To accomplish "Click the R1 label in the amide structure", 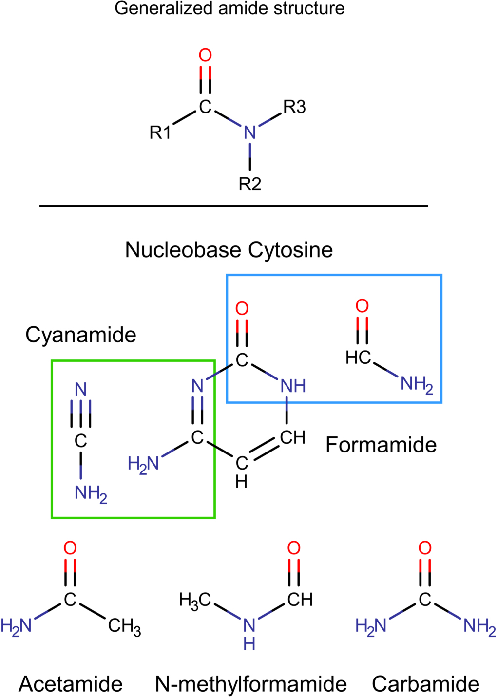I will point(160,132).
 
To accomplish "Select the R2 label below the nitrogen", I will point(250,184).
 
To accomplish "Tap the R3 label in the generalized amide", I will point(294,107).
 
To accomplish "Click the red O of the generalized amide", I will point(206,56).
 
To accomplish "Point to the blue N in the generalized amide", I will point(250,132).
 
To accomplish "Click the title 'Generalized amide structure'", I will point(229,8).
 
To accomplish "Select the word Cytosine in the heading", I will point(290,250).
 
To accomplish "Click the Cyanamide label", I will point(81,335).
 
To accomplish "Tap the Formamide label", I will point(381,445).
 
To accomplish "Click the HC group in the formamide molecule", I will point(358,358).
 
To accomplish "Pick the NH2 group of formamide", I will point(416,384).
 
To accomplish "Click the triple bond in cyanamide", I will point(81,414).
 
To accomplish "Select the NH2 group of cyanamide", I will point(90,493).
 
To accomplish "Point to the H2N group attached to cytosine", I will point(143,464).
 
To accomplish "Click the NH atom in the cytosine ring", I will point(293,386).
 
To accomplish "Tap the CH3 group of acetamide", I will point(124,626).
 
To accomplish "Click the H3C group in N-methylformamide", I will point(194,600).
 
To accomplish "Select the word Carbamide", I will point(425,684).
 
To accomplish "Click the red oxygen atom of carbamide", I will point(425,548).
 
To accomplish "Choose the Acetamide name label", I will point(71,684).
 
